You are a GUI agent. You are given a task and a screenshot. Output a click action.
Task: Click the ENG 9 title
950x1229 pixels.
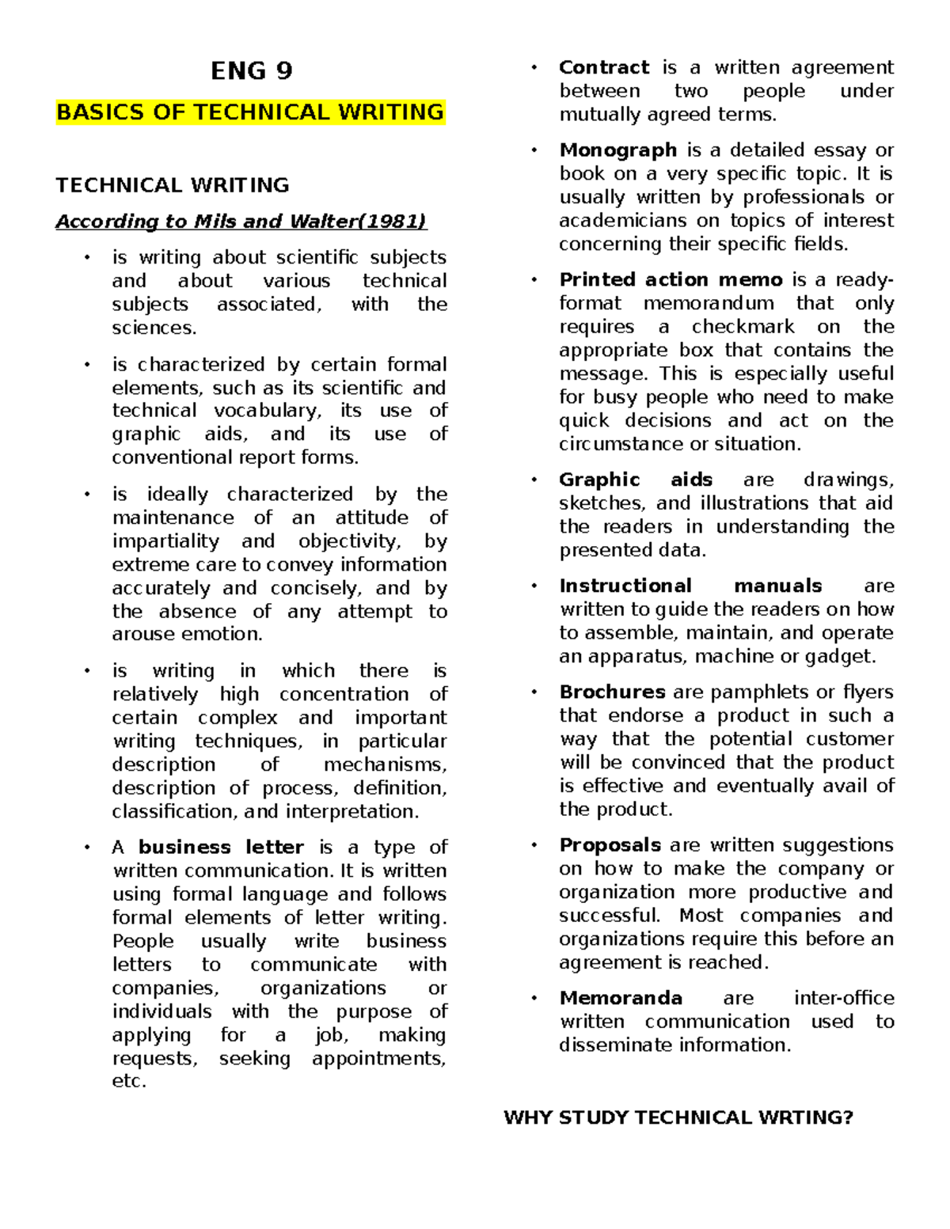[251, 71]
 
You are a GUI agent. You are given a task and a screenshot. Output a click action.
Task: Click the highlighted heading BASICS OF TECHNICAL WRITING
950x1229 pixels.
[250, 112]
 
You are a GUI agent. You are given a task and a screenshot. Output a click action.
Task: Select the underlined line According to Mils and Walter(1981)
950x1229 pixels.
[241, 222]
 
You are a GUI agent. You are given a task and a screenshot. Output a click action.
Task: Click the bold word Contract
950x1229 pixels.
[604, 67]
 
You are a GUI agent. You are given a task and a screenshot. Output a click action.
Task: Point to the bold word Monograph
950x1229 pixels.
[617, 150]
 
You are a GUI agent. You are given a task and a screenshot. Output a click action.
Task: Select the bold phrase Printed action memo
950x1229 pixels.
[671, 279]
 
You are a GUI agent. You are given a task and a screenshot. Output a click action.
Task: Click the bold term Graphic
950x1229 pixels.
[599, 480]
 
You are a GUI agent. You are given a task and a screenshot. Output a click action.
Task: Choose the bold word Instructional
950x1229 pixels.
[625, 586]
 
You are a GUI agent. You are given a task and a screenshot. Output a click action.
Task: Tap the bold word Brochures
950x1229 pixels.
[612, 692]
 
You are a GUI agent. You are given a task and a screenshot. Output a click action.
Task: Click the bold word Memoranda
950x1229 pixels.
[621, 998]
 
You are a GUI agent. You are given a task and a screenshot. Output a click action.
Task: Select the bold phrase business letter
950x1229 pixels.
[221, 848]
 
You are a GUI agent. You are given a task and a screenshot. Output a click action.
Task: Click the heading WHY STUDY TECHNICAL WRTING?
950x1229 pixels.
[678, 1117]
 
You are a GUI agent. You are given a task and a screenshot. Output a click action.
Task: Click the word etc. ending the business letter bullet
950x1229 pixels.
[129, 1082]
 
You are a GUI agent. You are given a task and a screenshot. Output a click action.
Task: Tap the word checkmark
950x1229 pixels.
[743, 327]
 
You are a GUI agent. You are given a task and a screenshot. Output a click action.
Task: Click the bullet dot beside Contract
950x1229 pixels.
[534, 68]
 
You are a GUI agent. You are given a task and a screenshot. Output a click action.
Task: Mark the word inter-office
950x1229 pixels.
[844, 998]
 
